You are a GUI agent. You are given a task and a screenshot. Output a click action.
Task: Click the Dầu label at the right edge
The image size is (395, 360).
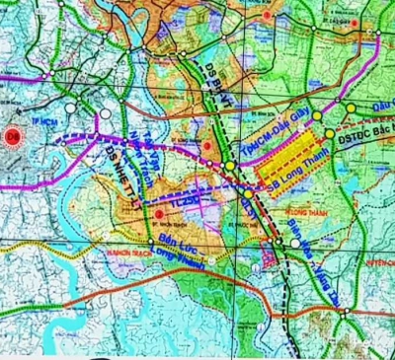pyautogui.click(x=383, y=111)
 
